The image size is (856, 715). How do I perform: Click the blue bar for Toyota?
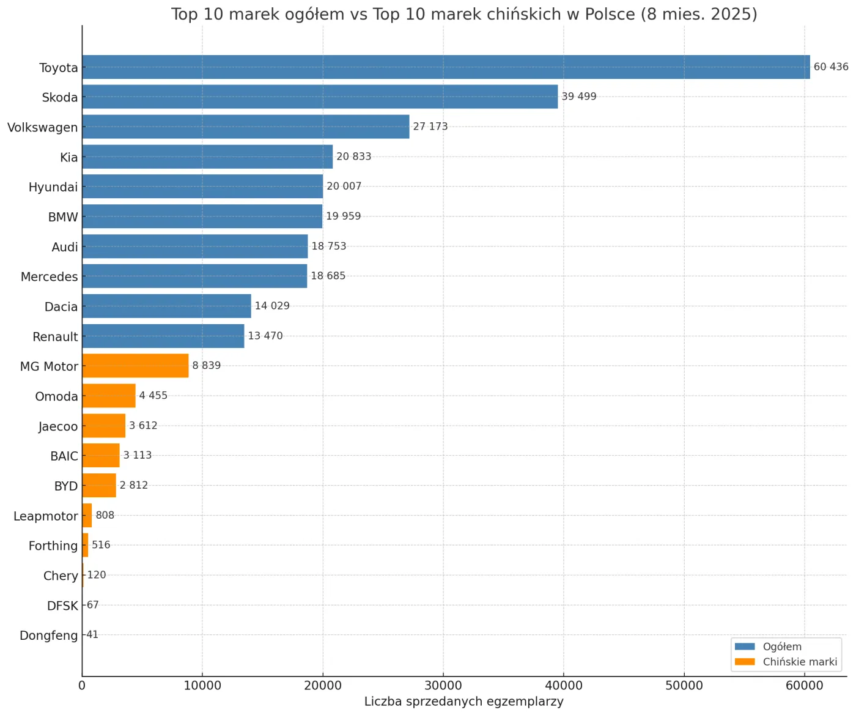click(446, 67)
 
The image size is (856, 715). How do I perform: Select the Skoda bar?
click(320, 97)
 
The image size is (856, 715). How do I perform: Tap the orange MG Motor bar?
click(135, 366)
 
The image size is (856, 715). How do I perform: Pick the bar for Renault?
click(163, 336)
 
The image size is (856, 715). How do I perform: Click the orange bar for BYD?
click(99, 485)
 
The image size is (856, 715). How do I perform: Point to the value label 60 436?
click(830, 67)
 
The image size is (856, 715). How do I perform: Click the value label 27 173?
click(430, 127)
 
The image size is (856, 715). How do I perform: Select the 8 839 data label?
click(206, 366)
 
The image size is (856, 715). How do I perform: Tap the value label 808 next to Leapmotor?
click(105, 515)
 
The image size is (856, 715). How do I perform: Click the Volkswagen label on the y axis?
click(43, 128)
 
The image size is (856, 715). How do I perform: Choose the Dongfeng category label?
click(49, 635)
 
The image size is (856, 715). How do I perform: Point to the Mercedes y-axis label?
click(50, 277)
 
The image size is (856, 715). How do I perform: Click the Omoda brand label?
click(57, 396)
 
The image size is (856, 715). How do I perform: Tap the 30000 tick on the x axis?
click(443, 686)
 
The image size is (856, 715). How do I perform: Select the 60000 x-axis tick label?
click(804, 686)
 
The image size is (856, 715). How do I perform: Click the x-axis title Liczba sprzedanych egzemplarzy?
click(463, 702)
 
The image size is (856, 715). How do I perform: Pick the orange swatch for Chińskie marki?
click(745, 662)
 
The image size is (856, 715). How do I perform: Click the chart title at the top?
click(464, 14)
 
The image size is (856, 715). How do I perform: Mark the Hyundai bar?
click(202, 187)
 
